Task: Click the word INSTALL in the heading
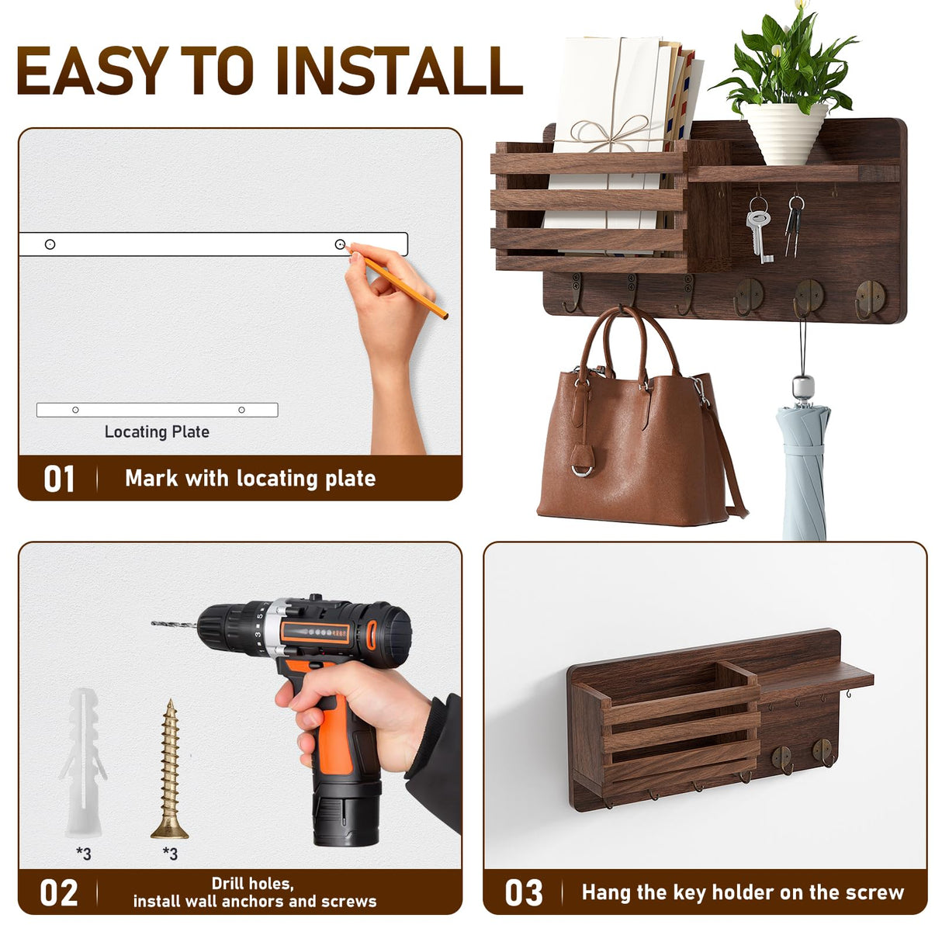[398, 71]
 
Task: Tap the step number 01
[59, 479]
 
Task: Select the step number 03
[524, 893]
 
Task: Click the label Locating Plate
[157, 432]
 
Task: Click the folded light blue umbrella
[804, 466]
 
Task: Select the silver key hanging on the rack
[760, 233]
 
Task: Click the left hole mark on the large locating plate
[50, 244]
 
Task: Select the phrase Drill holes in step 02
[253, 883]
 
